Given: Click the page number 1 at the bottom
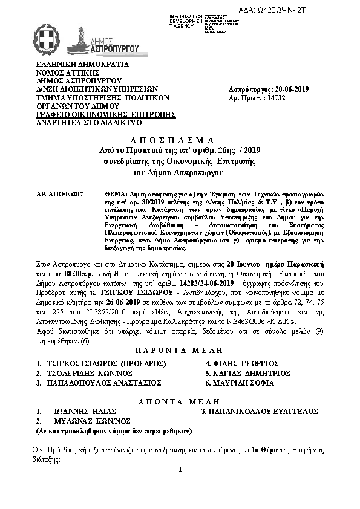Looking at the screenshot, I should (x=180, y=470).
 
